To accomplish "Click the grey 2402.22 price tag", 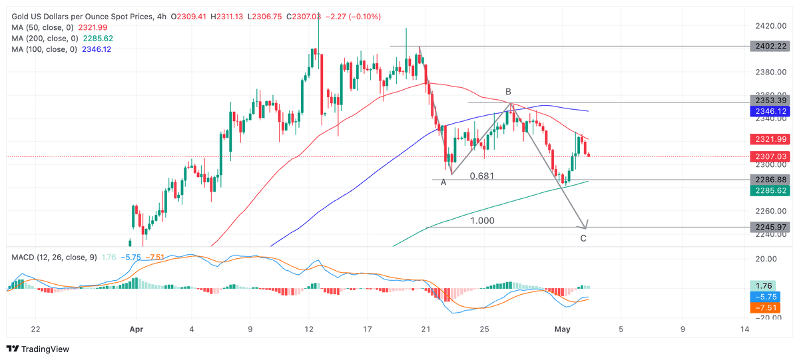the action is coord(770,47).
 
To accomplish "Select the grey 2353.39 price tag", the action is coord(770,100).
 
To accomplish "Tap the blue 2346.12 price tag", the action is coord(770,111).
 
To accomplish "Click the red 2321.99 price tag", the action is coord(770,139).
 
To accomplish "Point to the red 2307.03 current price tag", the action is coord(770,156).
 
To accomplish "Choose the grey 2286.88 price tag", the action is coord(770,180).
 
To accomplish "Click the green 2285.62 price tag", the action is coord(770,191).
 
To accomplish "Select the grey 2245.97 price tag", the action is coord(770,227).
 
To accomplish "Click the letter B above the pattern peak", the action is coord(508,92).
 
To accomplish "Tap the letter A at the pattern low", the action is coord(443,182).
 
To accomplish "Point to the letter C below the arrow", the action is coord(583,238).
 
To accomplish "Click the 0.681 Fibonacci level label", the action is coord(482,176).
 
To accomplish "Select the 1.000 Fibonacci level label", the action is coord(482,221).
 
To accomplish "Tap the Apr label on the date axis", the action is coord(136,329).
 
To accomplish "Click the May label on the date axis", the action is coord(563,329).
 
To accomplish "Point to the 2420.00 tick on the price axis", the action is coord(770,26).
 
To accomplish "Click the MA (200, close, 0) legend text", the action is coord(45,39).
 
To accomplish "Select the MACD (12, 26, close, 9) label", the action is coord(54,258).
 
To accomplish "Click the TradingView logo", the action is coord(38,349).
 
